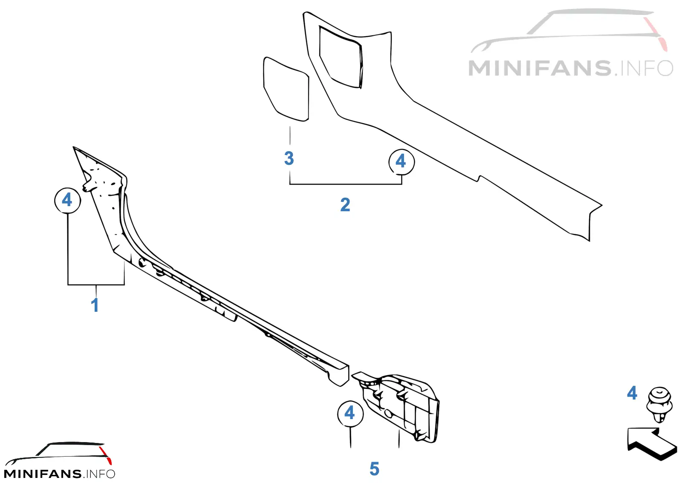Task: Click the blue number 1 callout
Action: point(95,305)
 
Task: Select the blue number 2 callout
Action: point(345,204)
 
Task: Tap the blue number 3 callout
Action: point(289,158)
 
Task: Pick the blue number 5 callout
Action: point(375,469)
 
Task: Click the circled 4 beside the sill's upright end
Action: point(68,201)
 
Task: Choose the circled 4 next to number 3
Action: point(402,162)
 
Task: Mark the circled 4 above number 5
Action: point(350,414)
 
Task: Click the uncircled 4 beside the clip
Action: point(632,393)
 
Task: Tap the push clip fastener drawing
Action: point(659,405)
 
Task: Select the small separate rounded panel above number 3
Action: point(286,89)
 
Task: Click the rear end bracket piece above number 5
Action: point(399,406)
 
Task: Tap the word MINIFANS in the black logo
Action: point(43,474)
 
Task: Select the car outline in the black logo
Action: point(58,454)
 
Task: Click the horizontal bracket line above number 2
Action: point(346,184)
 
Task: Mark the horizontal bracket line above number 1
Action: point(96,285)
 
